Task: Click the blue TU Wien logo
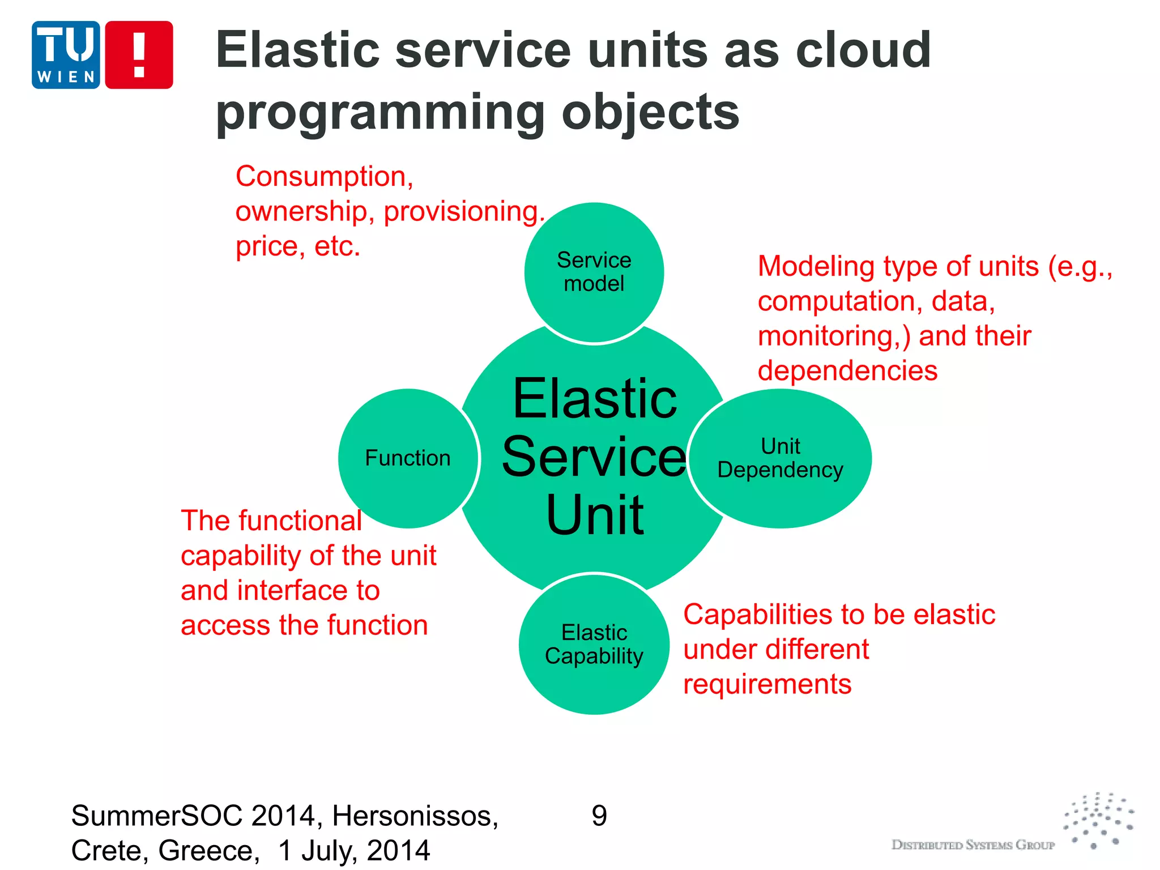tap(66, 55)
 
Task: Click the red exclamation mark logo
tap(139, 55)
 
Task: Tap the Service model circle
tap(594, 272)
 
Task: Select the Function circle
tap(408, 458)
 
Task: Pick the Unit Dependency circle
tap(781, 458)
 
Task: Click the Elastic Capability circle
tap(594, 644)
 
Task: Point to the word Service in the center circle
tap(594, 457)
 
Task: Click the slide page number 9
tap(599, 816)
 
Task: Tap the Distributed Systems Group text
tap(973, 845)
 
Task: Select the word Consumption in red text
tap(324, 176)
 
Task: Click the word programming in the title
tap(379, 112)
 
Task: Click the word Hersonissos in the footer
tap(415, 816)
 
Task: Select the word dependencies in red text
tap(847, 371)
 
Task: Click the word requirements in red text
tap(767, 684)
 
